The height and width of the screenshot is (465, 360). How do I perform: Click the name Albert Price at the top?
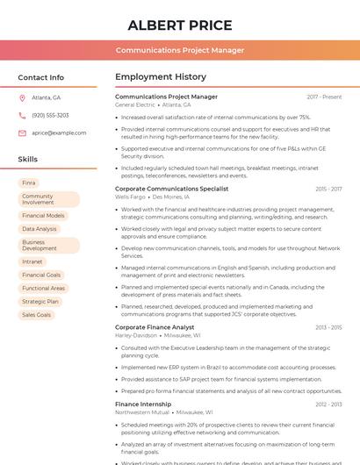point(180,25)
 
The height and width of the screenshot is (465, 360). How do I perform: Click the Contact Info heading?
point(40,77)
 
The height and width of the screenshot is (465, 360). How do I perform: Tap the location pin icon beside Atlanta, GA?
point(23,98)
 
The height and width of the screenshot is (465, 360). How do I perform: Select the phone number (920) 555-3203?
point(50,116)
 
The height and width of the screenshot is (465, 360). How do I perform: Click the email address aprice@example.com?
point(59,133)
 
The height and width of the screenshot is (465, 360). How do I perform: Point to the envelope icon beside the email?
point(23,133)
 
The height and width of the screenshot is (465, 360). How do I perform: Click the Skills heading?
point(27,160)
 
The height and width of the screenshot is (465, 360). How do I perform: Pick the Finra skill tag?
point(29,183)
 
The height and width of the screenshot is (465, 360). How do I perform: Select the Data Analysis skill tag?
point(40,229)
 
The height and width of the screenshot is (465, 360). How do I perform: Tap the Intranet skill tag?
point(32,261)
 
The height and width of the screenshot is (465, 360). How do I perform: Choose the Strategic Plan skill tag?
point(40,301)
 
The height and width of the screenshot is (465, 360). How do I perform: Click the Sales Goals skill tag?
point(37,314)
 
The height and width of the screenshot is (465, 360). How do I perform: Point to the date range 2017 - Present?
point(324,97)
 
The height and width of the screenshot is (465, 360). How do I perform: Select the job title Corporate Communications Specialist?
point(171,189)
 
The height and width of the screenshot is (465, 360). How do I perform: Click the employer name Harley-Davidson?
point(135,335)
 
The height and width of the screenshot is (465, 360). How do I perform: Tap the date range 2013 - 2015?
point(328,327)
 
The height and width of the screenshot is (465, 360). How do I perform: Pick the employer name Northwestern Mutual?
point(141,411)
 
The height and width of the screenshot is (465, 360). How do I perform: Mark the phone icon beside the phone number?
point(23,116)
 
